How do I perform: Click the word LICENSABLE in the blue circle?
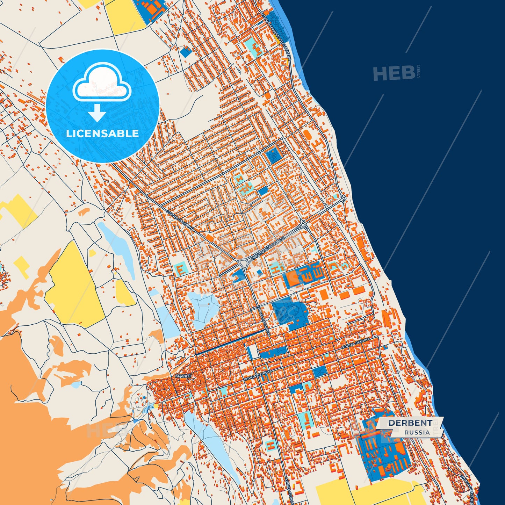coord(102,134)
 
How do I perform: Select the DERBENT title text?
coord(410,423)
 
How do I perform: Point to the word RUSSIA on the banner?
coord(417,432)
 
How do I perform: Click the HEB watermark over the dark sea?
coord(394,73)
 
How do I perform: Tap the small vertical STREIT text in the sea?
coord(419,72)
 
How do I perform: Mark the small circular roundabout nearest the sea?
coord(344,198)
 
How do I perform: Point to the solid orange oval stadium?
coord(307,135)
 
